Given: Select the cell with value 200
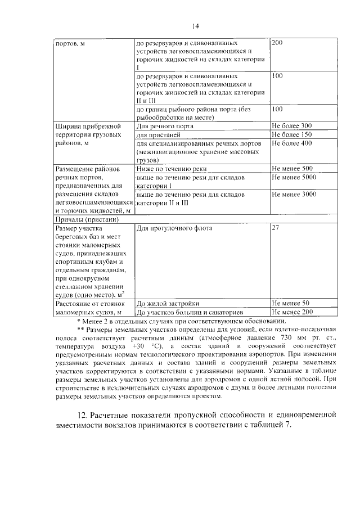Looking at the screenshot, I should click(x=277, y=43).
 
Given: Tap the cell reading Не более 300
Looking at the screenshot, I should click(x=291, y=125).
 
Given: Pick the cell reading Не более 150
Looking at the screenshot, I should click(x=291, y=134).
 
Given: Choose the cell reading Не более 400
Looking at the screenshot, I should click(x=291, y=143).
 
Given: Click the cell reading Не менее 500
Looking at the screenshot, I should click(x=291, y=168).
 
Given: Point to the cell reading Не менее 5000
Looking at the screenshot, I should click(x=293, y=177).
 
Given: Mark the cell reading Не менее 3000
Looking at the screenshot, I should click(x=293, y=194).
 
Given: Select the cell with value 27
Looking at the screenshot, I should click(x=276, y=228).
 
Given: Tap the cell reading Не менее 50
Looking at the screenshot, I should click(x=290, y=303).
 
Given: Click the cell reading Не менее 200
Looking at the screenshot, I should click(x=291, y=312).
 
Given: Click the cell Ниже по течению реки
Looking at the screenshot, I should click(x=172, y=168).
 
